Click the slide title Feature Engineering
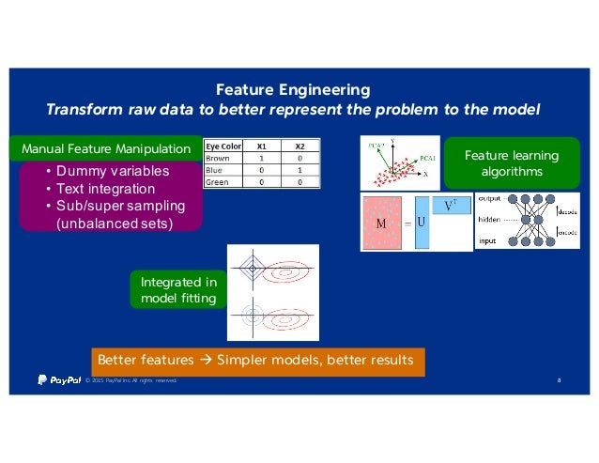[293, 90]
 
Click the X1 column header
[263, 146]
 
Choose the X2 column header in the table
[299, 146]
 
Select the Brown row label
[219, 158]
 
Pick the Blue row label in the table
[215, 170]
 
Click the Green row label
[218, 182]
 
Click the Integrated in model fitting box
[178, 290]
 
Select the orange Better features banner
[255, 361]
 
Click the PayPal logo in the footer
[58, 379]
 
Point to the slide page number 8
[559, 380]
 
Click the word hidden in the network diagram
[491, 217]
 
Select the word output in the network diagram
[491, 199]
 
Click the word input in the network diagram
[488, 239]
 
